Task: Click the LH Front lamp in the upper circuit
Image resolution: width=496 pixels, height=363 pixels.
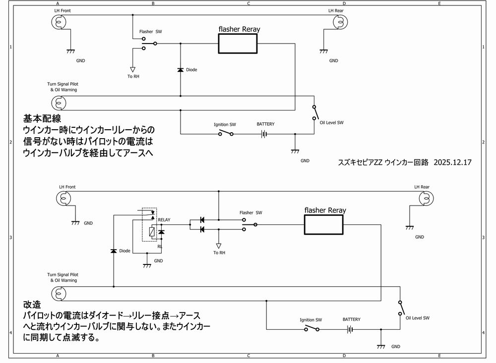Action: tap(60, 22)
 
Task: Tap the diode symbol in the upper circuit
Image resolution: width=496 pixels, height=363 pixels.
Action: tap(180, 70)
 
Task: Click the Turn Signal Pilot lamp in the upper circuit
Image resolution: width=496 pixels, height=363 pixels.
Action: tap(59, 103)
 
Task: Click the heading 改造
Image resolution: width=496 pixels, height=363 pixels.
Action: tap(32, 304)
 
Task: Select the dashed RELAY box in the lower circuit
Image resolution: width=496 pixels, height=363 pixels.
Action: tap(149, 224)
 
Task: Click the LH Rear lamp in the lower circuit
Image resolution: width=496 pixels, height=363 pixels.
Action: tap(425, 199)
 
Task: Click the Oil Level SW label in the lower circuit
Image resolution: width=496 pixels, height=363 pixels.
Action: tap(417, 318)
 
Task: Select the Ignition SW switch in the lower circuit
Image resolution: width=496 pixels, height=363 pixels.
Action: tap(312, 329)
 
